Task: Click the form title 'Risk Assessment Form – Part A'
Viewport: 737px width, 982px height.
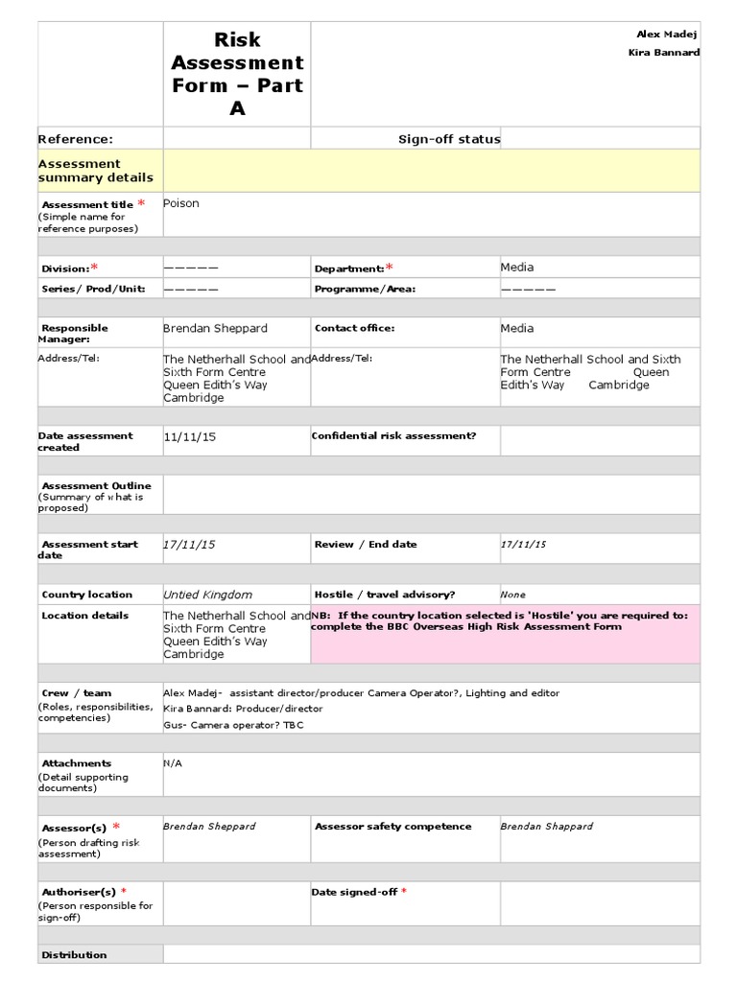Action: pos(237,74)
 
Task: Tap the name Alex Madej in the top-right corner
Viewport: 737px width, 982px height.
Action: pos(668,35)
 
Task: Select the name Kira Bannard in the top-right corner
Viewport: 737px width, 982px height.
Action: pos(664,52)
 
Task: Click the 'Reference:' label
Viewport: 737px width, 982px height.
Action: pos(76,139)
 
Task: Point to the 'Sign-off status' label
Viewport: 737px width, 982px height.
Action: pos(449,139)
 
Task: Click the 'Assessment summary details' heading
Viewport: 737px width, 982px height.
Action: pos(95,171)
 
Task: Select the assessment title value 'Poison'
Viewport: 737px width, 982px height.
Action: pos(181,203)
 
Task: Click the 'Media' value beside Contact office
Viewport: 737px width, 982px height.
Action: pos(517,328)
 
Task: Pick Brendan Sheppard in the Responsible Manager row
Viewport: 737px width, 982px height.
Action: pos(215,328)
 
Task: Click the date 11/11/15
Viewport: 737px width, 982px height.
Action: pos(190,436)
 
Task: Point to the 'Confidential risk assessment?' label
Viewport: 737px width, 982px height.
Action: pos(393,435)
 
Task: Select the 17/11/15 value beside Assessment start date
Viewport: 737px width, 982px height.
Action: pos(189,544)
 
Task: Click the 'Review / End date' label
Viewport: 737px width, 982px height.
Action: pos(366,544)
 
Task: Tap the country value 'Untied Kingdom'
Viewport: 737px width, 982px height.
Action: pos(207,595)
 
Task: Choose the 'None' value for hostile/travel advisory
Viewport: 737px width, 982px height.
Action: pos(512,595)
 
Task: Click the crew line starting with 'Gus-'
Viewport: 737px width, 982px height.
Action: pos(233,724)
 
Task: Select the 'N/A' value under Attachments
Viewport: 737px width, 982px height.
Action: pos(173,763)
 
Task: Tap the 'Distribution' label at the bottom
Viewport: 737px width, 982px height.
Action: pos(74,954)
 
